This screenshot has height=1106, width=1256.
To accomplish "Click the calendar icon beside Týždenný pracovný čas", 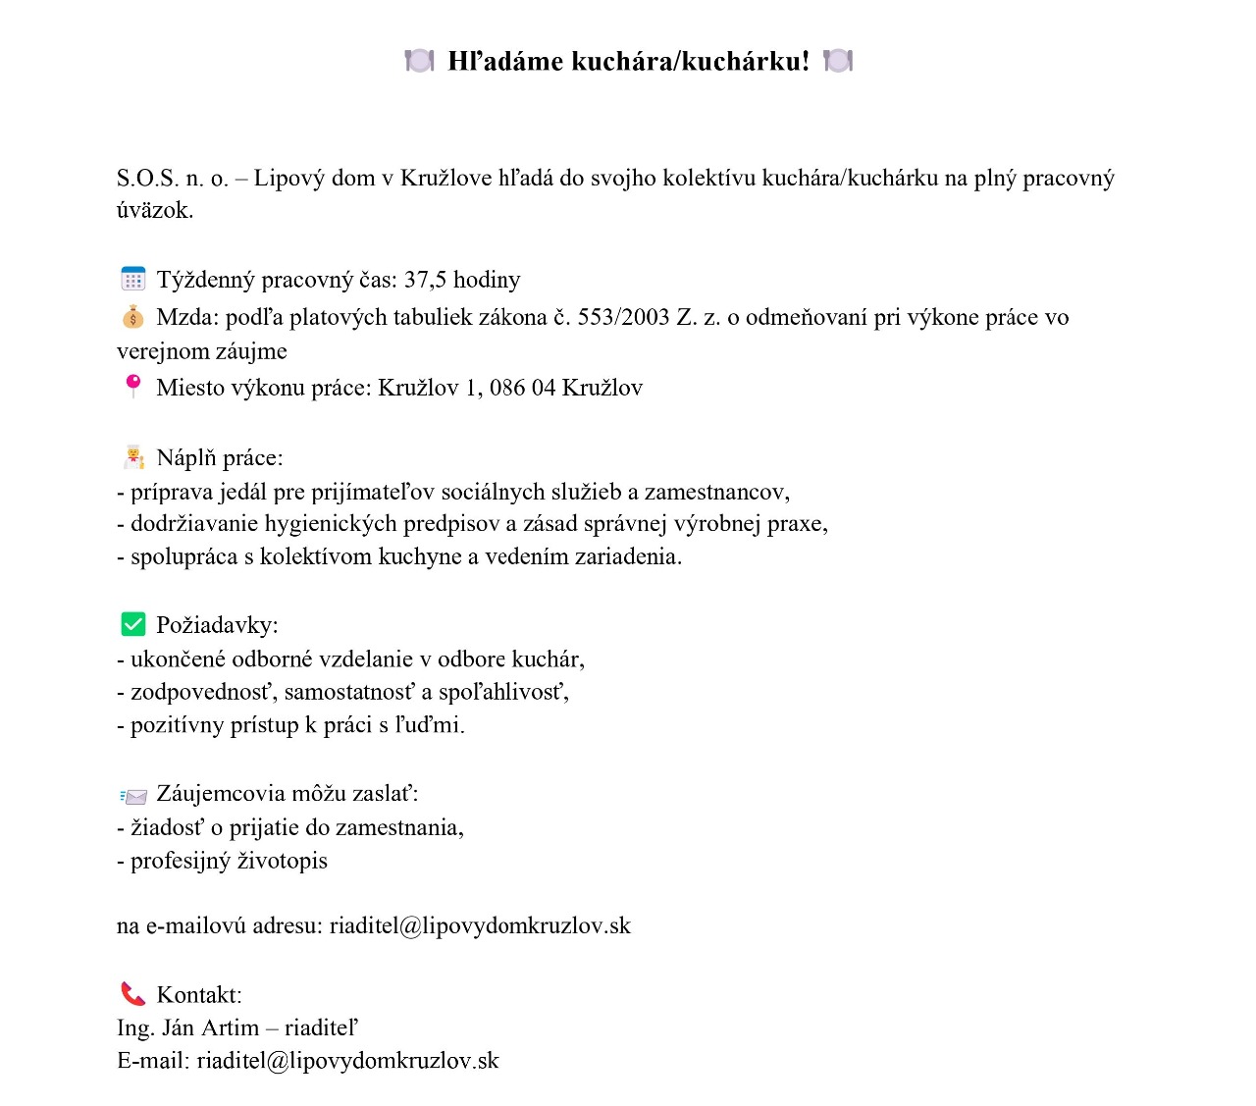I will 132,280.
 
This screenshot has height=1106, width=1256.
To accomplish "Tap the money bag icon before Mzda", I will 132,317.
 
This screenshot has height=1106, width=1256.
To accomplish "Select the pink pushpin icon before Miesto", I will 132,386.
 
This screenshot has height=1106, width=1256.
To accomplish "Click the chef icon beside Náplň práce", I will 133,457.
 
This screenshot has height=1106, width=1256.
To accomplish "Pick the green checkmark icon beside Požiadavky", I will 132,624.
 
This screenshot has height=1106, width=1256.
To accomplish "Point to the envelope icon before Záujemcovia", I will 132,795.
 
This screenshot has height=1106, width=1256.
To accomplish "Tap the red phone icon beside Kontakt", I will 132,994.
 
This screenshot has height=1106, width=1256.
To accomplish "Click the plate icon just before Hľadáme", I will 419,61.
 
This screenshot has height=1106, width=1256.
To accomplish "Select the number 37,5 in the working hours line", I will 425,280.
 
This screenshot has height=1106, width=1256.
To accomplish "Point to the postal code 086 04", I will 522,388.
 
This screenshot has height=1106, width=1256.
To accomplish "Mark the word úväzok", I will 154,210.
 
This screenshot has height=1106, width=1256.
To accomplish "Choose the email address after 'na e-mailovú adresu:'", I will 480,925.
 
